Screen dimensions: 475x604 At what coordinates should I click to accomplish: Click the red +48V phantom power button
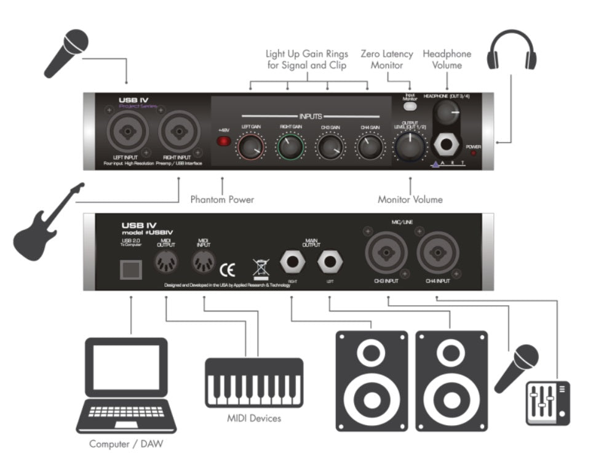(223, 142)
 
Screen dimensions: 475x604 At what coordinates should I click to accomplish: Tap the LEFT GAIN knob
(250, 146)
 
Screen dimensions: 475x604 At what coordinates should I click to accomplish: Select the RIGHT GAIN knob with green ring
(290, 146)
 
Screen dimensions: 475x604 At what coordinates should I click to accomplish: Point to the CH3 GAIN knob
(329, 146)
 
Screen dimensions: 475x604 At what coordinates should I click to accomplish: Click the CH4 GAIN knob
(368, 146)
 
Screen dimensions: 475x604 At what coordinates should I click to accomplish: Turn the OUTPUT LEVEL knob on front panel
(410, 146)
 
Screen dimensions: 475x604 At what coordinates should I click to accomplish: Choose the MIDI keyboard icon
(253, 382)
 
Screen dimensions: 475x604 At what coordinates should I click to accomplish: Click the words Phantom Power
(222, 200)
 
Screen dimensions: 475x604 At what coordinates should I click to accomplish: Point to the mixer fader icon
(547, 402)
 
